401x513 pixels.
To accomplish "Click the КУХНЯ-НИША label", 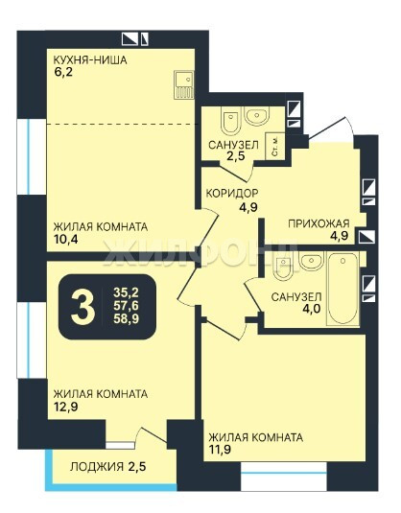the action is pyautogui.click(x=90, y=60).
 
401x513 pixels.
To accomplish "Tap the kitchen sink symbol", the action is pyautogui.click(x=184, y=84).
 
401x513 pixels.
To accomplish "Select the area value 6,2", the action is pyautogui.click(x=63, y=72).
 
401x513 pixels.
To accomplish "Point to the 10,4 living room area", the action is pyautogui.click(x=65, y=240).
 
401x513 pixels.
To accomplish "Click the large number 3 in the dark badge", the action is pyautogui.click(x=83, y=307).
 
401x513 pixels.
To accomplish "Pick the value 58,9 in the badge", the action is pyautogui.click(x=126, y=318).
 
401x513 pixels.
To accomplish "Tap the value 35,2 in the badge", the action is pyautogui.click(x=126, y=292).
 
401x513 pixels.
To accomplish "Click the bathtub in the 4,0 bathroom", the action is pyautogui.click(x=343, y=289).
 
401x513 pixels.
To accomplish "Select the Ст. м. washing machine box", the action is pyautogui.click(x=275, y=147).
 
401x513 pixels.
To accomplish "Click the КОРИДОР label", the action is pyautogui.click(x=232, y=194).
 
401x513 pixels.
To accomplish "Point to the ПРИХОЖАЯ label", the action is pyautogui.click(x=318, y=223).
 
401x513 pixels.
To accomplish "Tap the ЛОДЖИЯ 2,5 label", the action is pyautogui.click(x=107, y=467).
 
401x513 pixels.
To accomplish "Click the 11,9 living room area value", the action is pyautogui.click(x=220, y=449).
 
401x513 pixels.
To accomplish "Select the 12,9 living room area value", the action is pyautogui.click(x=65, y=407).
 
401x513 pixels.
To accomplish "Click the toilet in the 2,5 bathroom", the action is pyautogui.click(x=230, y=121).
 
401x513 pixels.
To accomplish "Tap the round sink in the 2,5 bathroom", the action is pyautogui.click(x=258, y=116).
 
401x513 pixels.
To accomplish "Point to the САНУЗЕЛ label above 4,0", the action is pyautogui.click(x=296, y=296).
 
